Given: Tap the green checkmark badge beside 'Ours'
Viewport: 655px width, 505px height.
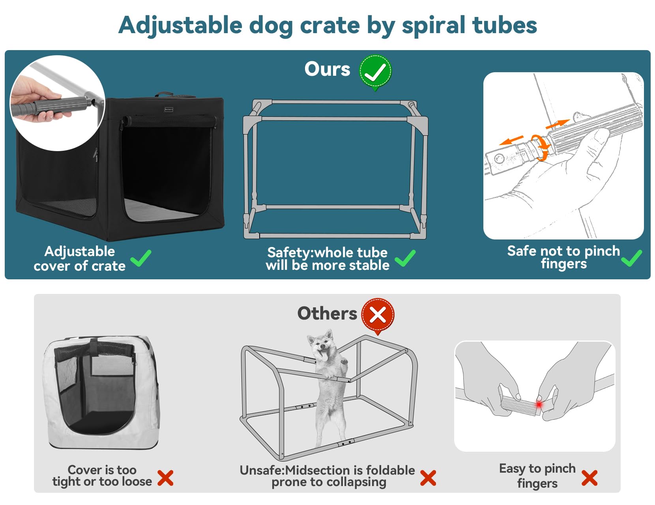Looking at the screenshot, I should [x=375, y=71].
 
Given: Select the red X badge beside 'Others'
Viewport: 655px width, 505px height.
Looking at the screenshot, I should [x=378, y=315].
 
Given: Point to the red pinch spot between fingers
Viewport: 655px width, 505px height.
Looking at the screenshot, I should [x=539, y=404].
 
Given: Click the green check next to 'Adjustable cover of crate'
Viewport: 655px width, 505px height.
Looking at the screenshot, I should [x=140, y=258].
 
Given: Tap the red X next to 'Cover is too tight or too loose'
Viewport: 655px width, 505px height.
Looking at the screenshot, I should [x=165, y=478].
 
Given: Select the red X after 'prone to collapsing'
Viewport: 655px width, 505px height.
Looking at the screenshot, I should [x=428, y=478].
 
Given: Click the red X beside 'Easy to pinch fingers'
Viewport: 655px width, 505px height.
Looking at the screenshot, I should [x=589, y=478].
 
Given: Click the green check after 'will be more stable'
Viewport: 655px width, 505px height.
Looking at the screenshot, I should [x=405, y=258].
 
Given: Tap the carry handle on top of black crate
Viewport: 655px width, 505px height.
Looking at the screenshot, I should [x=164, y=94].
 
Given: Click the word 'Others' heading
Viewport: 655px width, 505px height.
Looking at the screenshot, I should [x=327, y=314].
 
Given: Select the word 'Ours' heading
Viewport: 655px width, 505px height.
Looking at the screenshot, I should [x=327, y=69].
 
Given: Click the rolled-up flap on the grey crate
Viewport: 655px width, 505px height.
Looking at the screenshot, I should [x=95, y=349].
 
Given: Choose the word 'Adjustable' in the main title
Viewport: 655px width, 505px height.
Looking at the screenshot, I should [x=180, y=25].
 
